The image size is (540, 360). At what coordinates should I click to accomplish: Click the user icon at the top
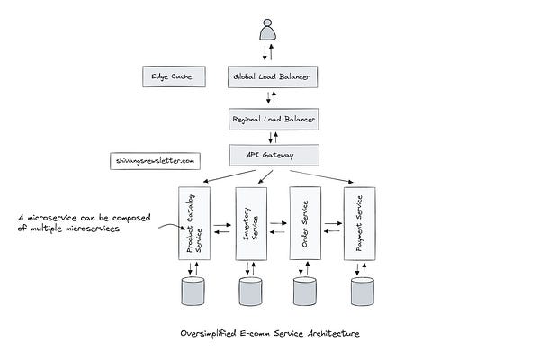[x=267, y=32]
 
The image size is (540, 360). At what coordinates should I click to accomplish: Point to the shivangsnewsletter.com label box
[x=155, y=160]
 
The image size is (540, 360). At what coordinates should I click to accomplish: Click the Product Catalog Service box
[x=194, y=222]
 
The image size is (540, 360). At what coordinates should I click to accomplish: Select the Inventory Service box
[x=250, y=222]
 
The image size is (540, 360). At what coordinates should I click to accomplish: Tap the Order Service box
[x=304, y=222]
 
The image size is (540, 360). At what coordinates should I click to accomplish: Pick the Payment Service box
[x=361, y=222]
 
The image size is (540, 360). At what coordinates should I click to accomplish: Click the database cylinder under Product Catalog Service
[x=193, y=290]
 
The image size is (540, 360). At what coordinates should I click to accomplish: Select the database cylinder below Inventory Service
[x=250, y=290]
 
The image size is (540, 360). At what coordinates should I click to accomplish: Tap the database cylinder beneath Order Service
[x=305, y=290]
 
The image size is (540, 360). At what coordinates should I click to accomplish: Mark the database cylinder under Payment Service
[x=362, y=290]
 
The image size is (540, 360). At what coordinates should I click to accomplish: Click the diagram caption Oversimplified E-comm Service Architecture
[x=268, y=333]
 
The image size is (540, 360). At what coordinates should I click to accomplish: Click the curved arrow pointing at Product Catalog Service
[x=167, y=229]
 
